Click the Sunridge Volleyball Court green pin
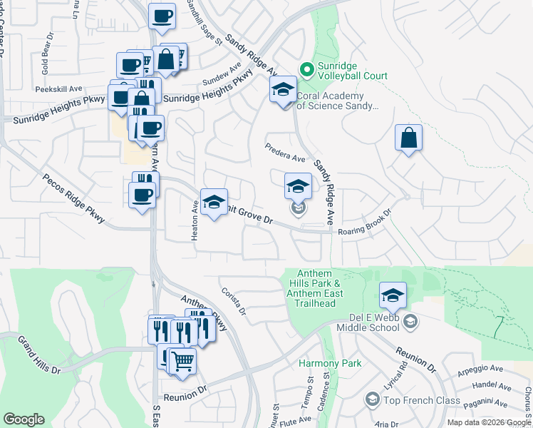click(307, 69)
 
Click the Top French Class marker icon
click(371, 400)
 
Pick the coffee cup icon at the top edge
click(162, 16)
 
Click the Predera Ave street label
click(284, 152)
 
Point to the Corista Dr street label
click(234, 302)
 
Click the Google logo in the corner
click(24, 419)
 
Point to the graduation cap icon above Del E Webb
click(393, 294)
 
